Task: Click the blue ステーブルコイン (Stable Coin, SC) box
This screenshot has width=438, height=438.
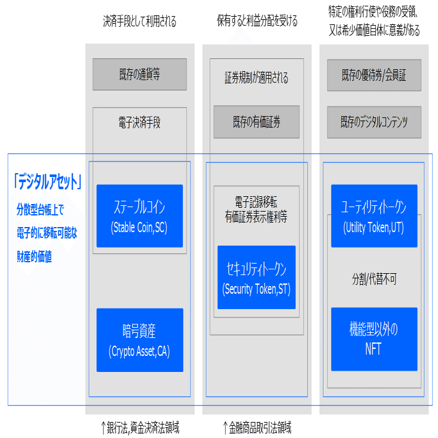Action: point(139,216)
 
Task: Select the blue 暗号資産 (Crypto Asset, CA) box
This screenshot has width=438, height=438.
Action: point(139,340)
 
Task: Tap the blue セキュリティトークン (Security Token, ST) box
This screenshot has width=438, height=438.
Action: point(257,277)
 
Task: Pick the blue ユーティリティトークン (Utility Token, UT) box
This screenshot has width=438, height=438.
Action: point(375,216)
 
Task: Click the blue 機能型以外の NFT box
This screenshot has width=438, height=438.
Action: point(375,339)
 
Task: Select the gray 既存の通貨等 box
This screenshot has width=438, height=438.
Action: point(139,74)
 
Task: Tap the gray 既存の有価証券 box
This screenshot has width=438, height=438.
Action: point(257,122)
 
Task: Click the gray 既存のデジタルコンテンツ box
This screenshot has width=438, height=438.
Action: point(375,122)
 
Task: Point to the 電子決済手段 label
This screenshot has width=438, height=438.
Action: point(139,122)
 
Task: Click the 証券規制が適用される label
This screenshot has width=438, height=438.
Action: point(257,78)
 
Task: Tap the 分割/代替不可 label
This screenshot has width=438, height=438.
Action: point(375,279)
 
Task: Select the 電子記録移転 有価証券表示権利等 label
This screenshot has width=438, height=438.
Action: point(257,208)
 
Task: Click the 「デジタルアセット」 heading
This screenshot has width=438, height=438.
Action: point(47,183)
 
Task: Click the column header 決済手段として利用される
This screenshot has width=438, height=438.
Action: point(139,22)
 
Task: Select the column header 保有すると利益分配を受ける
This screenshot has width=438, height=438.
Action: point(257,22)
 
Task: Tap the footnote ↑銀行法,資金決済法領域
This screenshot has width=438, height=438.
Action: point(140,427)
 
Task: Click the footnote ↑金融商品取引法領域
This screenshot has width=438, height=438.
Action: point(257,427)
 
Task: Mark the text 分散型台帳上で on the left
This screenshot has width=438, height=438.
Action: point(40,208)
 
